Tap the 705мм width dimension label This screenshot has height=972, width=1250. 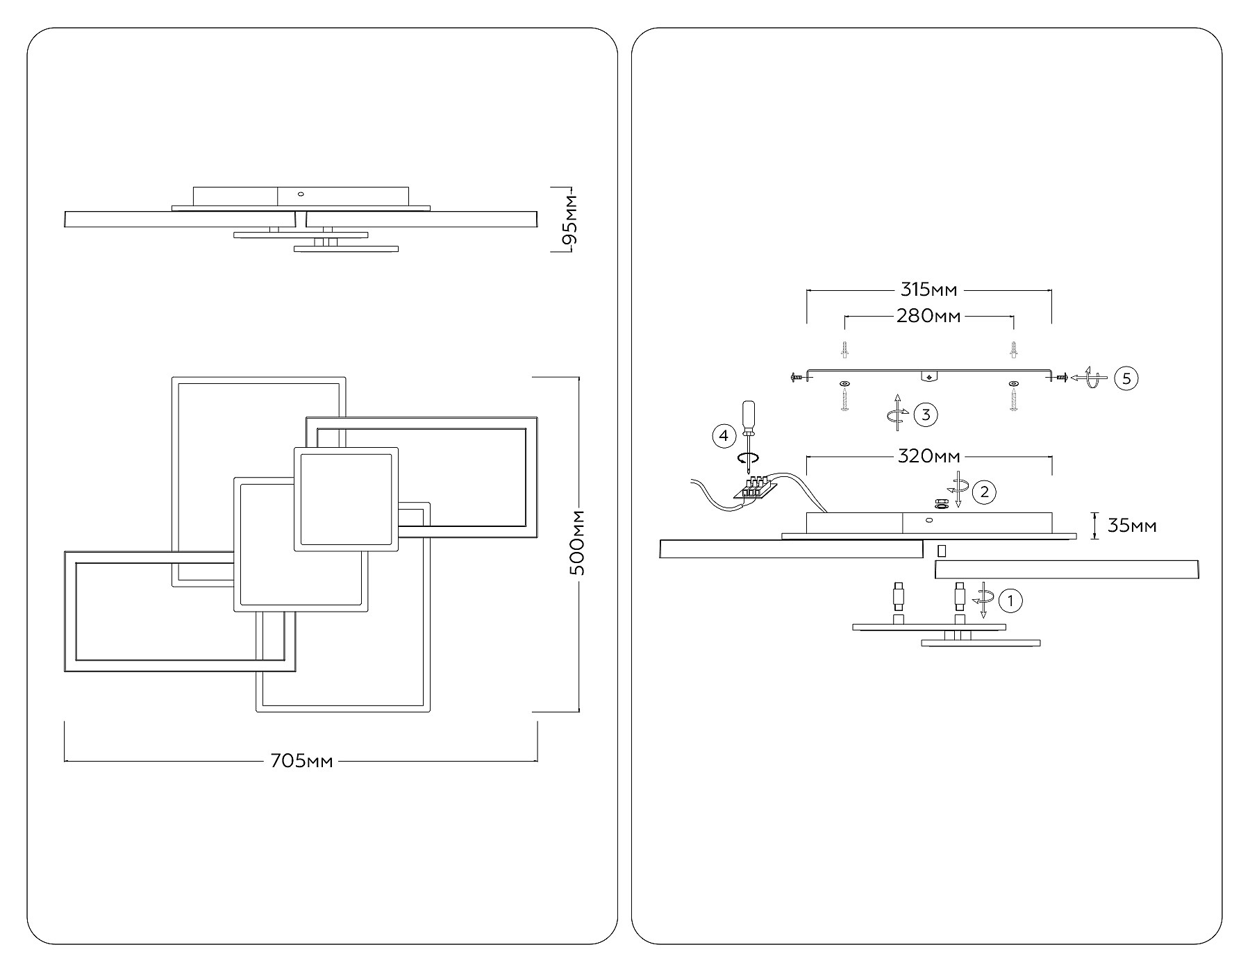[301, 762]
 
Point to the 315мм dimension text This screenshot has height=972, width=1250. [928, 290]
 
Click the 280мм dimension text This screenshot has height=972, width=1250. [928, 316]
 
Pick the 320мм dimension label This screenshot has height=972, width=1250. [929, 456]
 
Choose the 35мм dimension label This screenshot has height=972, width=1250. [1132, 526]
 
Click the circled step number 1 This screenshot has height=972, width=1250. [1010, 601]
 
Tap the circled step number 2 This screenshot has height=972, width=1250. [984, 492]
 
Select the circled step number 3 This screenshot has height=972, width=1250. [926, 414]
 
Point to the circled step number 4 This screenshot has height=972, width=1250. [724, 436]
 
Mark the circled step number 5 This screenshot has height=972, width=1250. [1126, 378]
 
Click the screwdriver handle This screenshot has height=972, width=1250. [748, 414]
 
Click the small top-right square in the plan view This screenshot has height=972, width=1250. [346, 499]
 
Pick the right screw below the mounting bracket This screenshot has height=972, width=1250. [1013, 399]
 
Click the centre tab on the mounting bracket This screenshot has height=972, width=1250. [928, 376]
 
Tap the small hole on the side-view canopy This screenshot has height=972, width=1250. [301, 194]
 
